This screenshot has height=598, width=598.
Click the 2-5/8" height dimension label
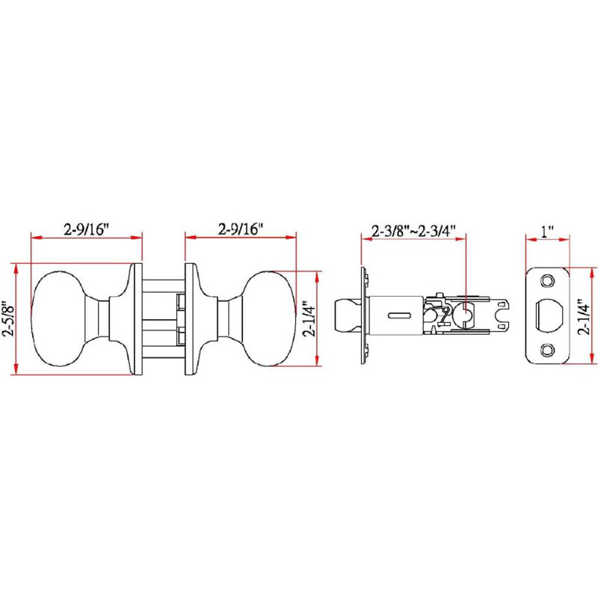8,321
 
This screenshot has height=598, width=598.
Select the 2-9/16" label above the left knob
87,229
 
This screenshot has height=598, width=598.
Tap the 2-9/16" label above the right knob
241,229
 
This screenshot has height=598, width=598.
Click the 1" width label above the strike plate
547,231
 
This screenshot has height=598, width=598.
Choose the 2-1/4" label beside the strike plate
583,316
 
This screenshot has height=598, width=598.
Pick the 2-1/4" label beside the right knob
309,319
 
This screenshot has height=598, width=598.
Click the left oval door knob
59,319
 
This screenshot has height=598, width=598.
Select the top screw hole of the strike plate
547,281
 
